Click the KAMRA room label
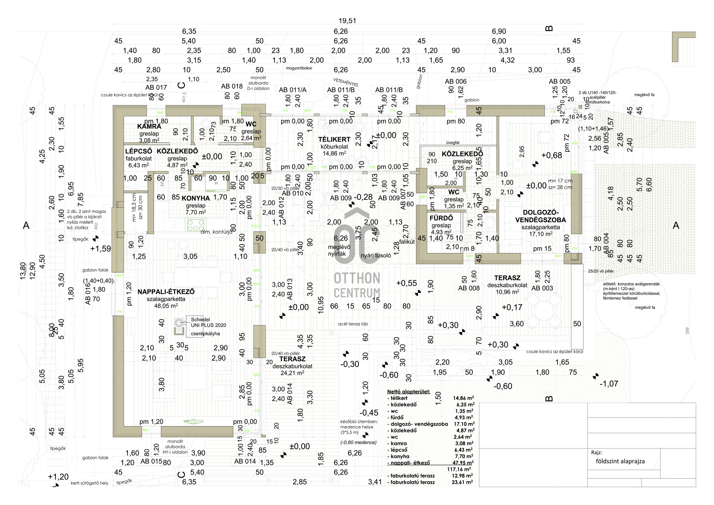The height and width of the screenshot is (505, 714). (149, 127)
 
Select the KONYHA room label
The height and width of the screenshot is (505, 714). (196, 198)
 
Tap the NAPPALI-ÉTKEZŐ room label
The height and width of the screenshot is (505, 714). (166, 292)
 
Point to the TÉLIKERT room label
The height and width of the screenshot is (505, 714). (334, 140)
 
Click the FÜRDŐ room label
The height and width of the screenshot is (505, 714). (441, 218)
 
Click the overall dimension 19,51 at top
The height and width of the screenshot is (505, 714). (347, 21)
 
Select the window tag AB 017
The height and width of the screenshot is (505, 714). (156, 87)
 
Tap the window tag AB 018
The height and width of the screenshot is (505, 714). (232, 86)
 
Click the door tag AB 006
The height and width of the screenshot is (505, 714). (456, 81)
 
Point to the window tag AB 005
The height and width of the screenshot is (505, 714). (559, 81)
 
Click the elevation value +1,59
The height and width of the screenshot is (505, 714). (100, 249)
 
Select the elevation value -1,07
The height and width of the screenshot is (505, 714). (608, 384)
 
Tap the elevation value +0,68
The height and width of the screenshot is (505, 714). (551, 156)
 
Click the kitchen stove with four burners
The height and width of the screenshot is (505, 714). (196, 225)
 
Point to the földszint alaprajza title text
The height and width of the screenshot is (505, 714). (620, 461)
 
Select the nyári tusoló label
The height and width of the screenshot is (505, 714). (376, 256)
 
